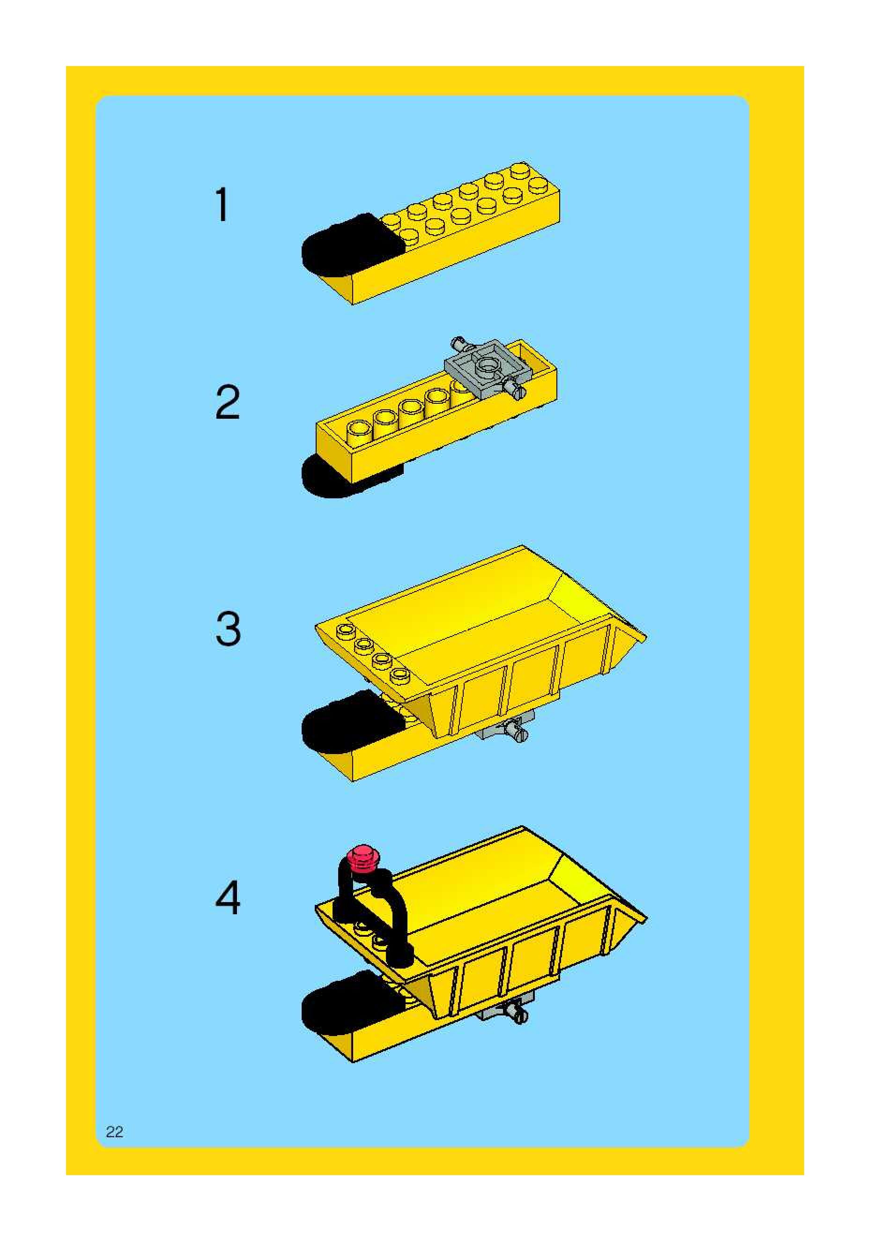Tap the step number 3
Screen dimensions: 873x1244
[x=228, y=628]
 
